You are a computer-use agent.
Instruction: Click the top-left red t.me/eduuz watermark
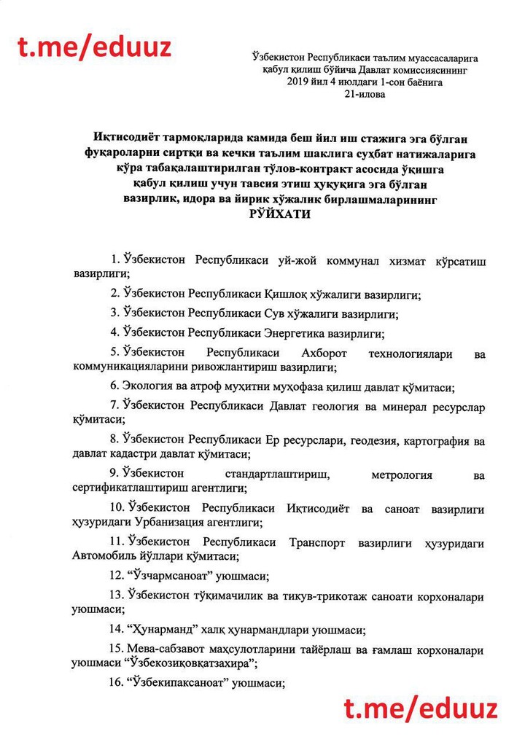coord(95,47)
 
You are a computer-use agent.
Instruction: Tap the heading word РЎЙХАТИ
coord(280,214)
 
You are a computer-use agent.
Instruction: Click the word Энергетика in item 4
coord(295,332)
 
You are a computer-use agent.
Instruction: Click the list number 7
coord(114,404)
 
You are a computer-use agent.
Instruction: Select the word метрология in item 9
coord(402,475)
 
